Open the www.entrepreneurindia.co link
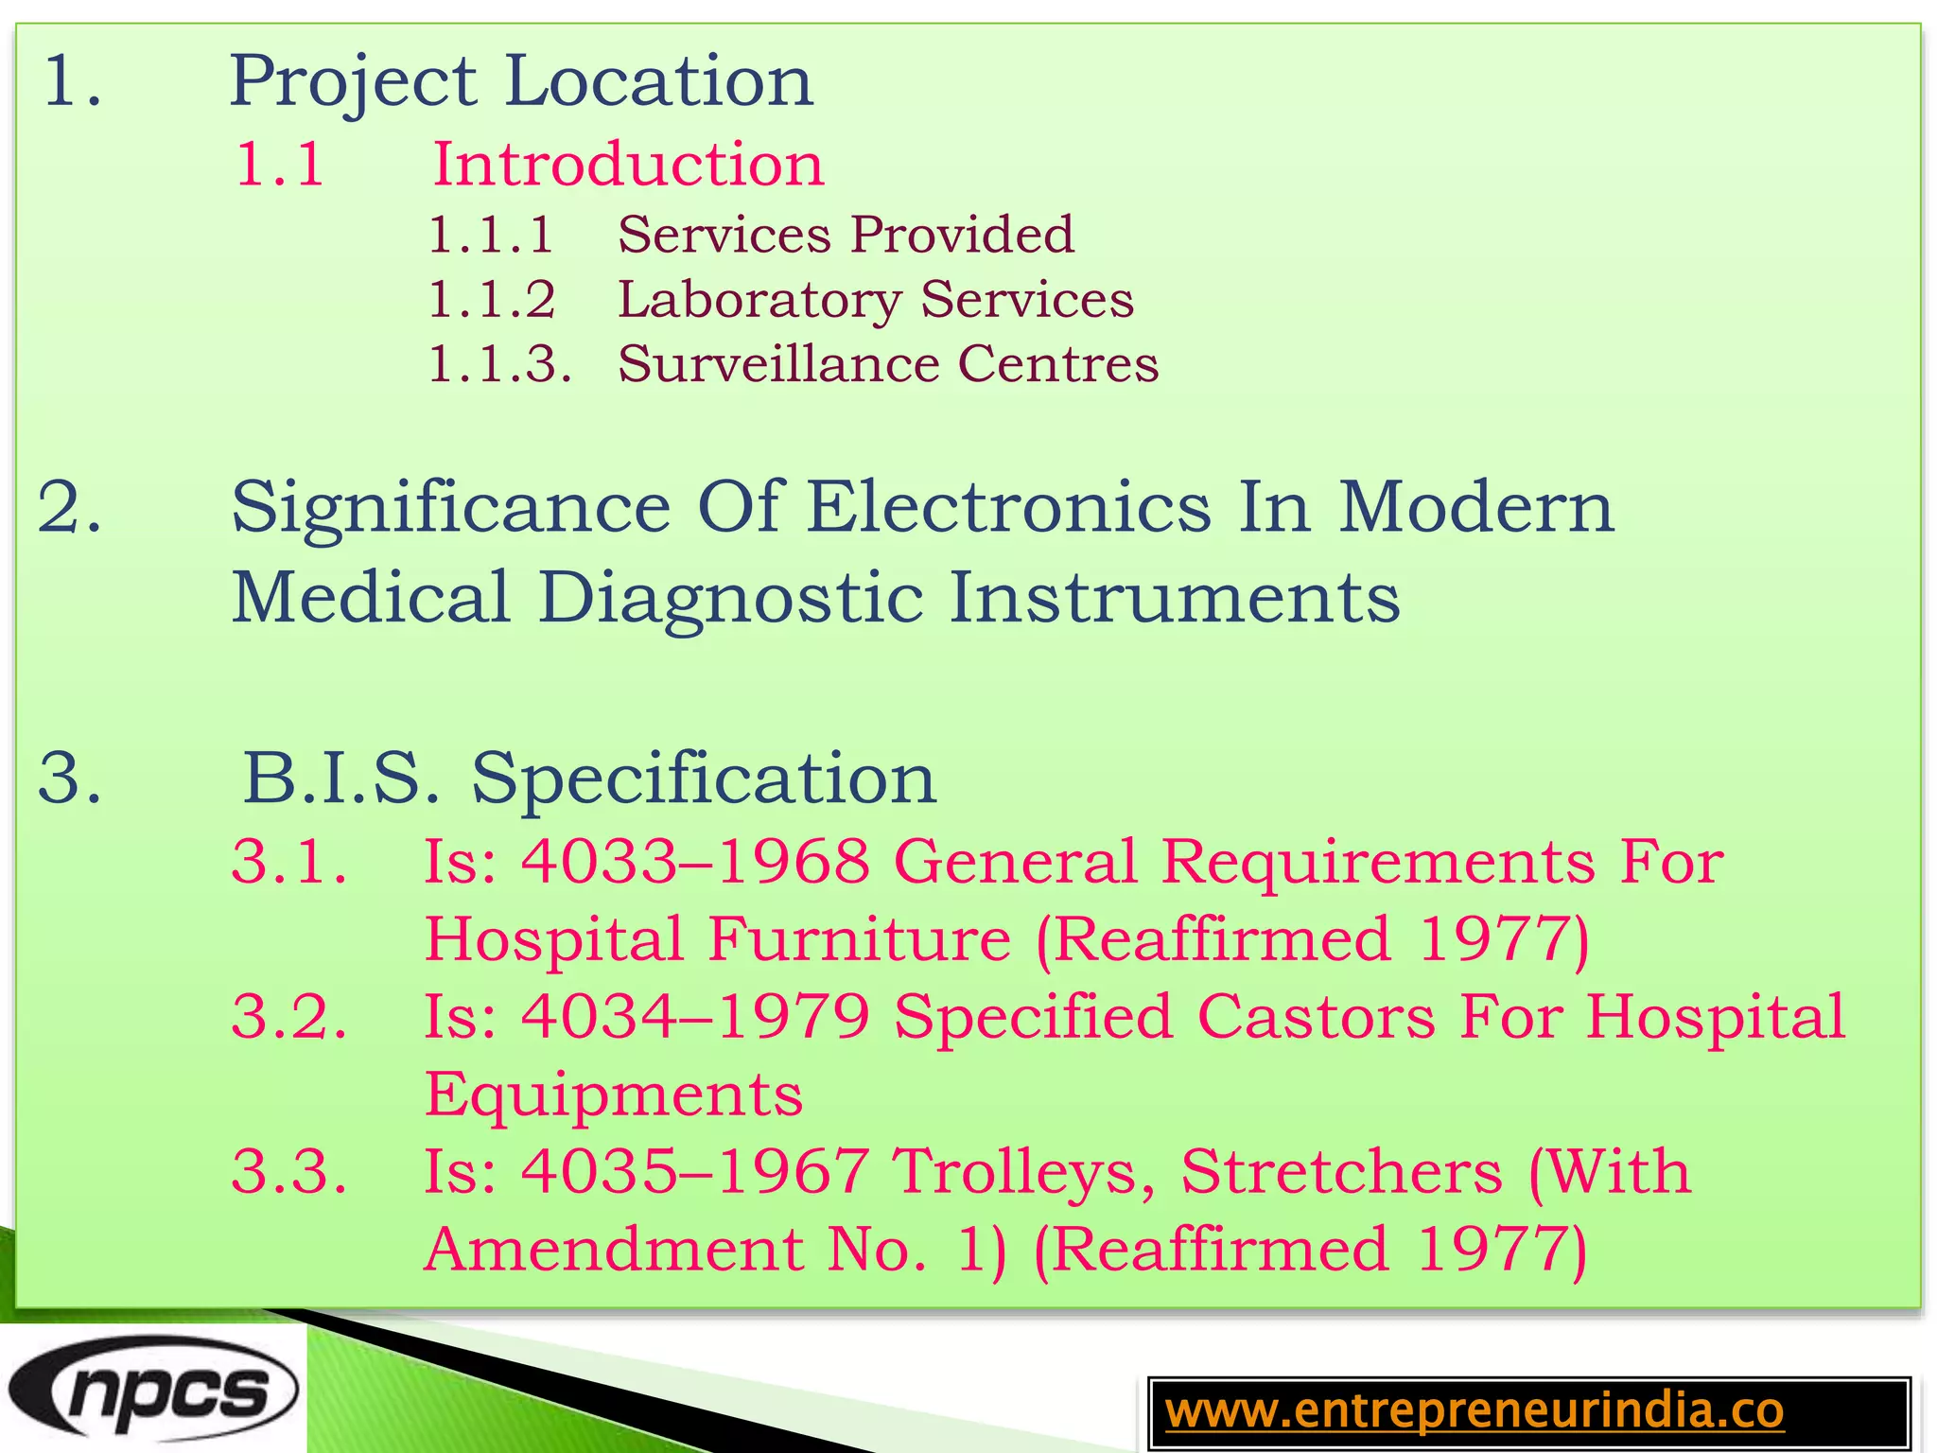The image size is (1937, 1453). (1474, 1411)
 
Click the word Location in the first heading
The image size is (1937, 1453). (658, 82)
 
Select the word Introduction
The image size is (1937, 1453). (628, 165)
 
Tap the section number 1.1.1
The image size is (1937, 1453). (490, 236)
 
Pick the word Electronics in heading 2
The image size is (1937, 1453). (1008, 508)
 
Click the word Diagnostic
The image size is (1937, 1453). (730, 599)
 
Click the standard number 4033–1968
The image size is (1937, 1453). (695, 862)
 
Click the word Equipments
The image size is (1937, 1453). (613, 1095)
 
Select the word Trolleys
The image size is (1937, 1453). (1025, 1173)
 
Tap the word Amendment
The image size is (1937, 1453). (613, 1250)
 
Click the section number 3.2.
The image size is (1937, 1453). (289, 1017)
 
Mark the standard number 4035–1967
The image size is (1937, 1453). (695, 1172)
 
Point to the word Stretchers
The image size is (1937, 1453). (1341, 1172)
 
